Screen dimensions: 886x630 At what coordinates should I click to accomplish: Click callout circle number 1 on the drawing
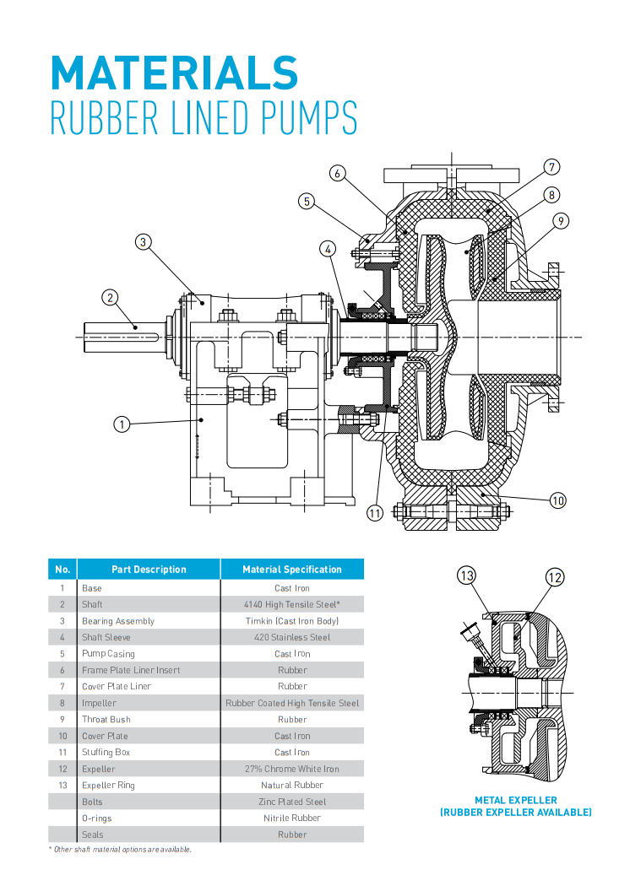pos(122,424)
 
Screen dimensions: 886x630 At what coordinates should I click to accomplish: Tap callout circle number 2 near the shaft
pos(110,297)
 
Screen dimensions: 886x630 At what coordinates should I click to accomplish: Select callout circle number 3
pos(144,242)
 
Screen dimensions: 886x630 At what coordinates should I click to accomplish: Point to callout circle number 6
pos(337,174)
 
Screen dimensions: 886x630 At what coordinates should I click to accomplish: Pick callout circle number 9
pos(562,222)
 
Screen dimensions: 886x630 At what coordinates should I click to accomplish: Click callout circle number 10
pos(557,500)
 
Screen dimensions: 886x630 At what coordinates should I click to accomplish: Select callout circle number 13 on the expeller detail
pos(467,576)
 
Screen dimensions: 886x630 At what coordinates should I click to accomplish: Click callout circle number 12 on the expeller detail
pos(554,578)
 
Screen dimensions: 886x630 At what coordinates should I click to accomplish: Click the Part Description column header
pos(149,570)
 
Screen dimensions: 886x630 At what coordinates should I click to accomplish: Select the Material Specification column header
pos(292,570)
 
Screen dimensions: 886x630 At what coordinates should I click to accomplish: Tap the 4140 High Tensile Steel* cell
pos(292,604)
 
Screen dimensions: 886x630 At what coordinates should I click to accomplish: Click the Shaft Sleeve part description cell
pos(106,637)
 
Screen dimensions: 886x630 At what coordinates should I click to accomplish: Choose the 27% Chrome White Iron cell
pos(292,769)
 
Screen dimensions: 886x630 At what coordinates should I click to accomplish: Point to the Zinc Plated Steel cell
pos(292,802)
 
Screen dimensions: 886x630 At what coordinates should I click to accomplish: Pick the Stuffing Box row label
pos(106,752)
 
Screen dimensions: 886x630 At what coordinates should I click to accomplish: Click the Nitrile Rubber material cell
pos(292,818)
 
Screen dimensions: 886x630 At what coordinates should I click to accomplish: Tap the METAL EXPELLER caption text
pos(515,800)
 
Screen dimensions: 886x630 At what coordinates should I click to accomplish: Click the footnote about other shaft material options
pos(121,849)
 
